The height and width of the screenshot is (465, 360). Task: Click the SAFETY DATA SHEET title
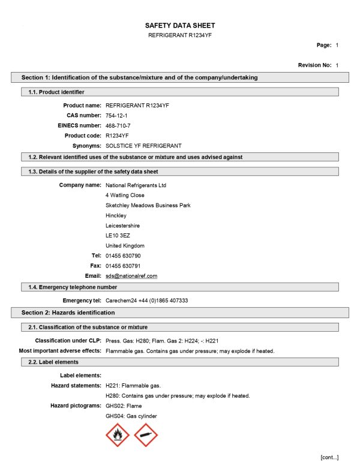pos(180,25)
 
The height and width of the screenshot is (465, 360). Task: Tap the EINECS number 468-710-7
pos(118,125)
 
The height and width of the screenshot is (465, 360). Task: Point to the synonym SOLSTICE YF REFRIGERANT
pos(143,146)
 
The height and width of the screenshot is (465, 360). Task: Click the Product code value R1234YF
pos(117,136)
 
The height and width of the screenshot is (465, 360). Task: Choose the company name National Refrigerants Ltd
pos(136,185)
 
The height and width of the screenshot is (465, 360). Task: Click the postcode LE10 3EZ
pos(118,236)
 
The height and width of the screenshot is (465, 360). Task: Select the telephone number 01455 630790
pos(123,256)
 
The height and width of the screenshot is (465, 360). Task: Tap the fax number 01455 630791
pos(123,266)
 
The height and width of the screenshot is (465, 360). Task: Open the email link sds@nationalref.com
pos(131,276)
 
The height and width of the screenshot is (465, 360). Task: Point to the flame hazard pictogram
pos(117,435)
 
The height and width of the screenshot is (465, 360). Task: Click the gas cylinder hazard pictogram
pos(146,435)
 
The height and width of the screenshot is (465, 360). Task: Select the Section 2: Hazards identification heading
pos(68,313)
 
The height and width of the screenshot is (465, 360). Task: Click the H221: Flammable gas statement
pos(133,385)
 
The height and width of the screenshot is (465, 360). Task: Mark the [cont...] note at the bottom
pos(329,457)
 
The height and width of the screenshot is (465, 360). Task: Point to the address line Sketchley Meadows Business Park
pos(148,205)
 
